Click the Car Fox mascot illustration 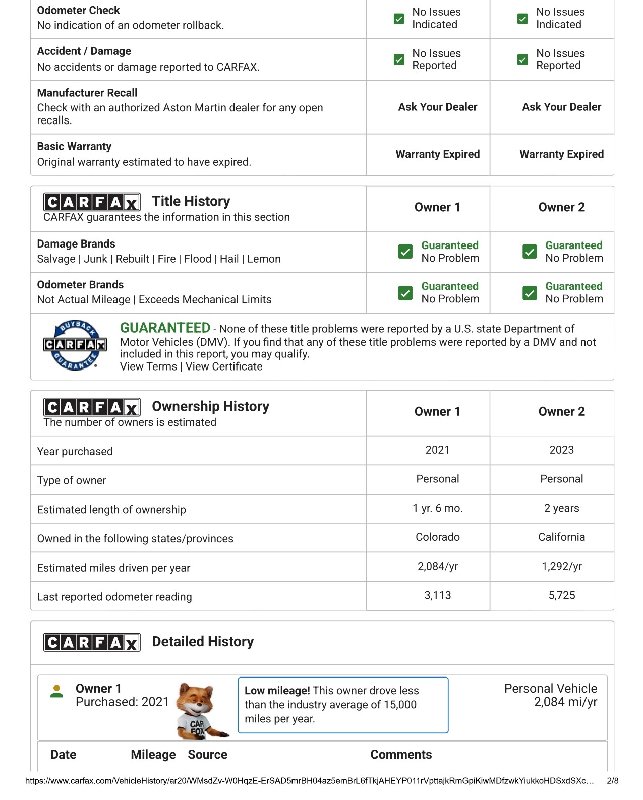click(199, 711)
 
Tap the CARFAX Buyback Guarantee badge click(75, 345)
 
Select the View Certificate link click(224, 366)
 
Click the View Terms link click(148, 366)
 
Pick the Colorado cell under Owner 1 click(437, 537)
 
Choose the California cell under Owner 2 click(561, 537)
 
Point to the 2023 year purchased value click(561, 450)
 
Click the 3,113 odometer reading click(437, 595)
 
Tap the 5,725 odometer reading click(561, 595)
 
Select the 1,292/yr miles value click(561, 567)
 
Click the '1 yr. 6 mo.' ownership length click(437, 508)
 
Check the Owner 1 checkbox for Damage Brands click(405, 252)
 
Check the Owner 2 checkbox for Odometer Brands click(530, 293)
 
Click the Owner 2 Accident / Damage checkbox click(523, 60)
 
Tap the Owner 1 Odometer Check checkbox click(399, 19)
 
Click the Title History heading click(191, 201)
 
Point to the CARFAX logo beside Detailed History click(92, 642)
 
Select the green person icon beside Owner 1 click(57, 691)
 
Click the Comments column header click(401, 755)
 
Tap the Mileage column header click(153, 755)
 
